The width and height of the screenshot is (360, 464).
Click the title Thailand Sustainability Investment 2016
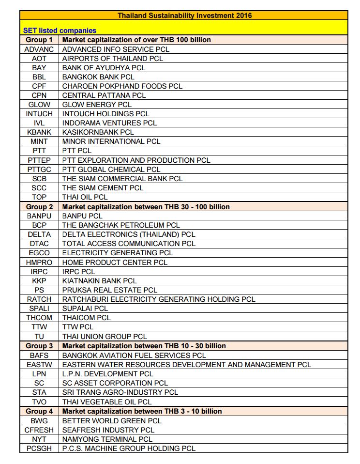[x=184, y=15]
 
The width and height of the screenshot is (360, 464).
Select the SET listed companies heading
[x=60, y=31]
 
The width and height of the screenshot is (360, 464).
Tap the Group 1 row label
[x=39, y=40]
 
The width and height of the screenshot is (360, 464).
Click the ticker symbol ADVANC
[x=39, y=49]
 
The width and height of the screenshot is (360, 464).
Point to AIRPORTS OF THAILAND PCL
[x=113, y=58]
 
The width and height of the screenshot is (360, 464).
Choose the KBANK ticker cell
[x=39, y=132]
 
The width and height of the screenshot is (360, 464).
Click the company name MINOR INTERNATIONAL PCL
[x=111, y=141]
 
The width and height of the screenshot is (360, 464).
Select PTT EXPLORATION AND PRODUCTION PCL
[x=136, y=160]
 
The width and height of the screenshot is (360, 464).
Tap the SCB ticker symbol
[x=39, y=179]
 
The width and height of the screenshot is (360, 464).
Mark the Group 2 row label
[x=39, y=207]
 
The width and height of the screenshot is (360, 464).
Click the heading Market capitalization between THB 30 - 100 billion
[x=146, y=207]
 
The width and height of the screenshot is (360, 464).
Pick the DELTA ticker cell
[x=39, y=234]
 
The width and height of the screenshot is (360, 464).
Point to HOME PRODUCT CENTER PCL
[x=115, y=263]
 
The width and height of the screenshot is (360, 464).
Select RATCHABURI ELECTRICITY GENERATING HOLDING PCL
[x=159, y=299]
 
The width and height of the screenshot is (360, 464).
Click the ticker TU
[x=39, y=337]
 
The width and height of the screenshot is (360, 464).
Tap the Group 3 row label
[x=39, y=346]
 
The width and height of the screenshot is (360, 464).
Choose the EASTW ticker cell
[x=39, y=365]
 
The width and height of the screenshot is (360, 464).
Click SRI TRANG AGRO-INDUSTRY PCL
[x=120, y=392]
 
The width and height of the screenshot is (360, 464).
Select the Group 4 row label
[x=39, y=411]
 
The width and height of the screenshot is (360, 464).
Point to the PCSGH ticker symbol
[x=39, y=449]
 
